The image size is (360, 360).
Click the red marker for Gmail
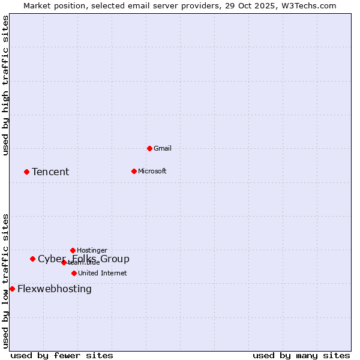click(149, 148)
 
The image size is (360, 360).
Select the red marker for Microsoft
click(134, 171)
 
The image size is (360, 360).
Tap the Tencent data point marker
click(26, 172)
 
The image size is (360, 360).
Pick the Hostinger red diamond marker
click(73, 250)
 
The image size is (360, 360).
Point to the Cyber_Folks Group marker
click(32, 259)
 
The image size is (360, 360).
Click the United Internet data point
click(74, 273)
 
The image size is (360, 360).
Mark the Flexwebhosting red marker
click(12, 289)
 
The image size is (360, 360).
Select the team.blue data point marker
click(64, 262)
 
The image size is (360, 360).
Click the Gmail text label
click(163, 148)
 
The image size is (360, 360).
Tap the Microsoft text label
click(152, 171)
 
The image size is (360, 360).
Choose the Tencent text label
click(50, 172)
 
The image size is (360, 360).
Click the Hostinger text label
click(92, 250)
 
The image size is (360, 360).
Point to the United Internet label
click(103, 273)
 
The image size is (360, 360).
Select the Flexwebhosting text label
click(55, 289)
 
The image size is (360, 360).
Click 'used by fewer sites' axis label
click(62, 355)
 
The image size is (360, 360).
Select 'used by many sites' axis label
click(301, 355)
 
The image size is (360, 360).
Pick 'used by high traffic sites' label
click(6, 86)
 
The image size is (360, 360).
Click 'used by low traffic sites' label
click(6, 281)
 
